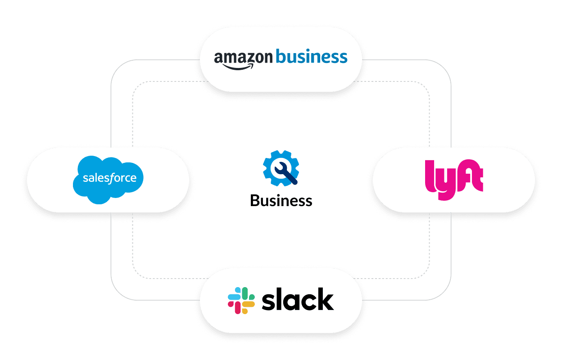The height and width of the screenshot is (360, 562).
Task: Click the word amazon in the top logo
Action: click(243, 58)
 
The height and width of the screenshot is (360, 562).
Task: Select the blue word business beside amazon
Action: click(311, 57)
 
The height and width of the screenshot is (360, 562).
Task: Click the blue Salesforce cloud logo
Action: click(108, 179)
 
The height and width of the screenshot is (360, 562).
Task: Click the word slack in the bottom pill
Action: click(298, 301)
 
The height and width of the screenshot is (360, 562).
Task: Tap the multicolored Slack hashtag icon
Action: click(241, 301)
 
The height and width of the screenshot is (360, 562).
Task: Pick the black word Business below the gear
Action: click(281, 200)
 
